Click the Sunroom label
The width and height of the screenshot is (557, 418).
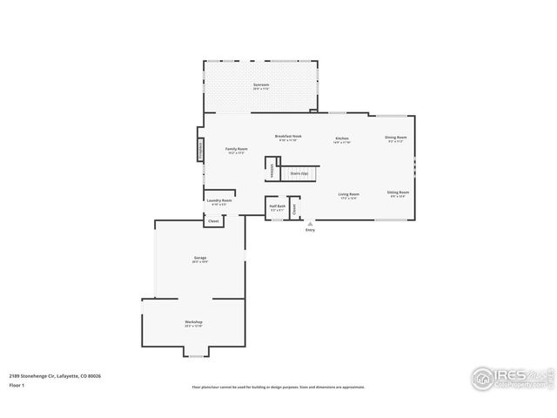click(x=261, y=86)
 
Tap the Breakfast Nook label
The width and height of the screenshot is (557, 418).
click(x=288, y=137)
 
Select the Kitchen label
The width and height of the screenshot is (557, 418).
click(x=343, y=139)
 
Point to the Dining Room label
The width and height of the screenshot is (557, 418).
click(x=396, y=138)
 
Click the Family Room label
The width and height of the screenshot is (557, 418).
click(x=237, y=150)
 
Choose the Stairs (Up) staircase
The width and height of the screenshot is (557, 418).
click(x=299, y=172)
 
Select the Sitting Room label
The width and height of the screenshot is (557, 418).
click(x=399, y=192)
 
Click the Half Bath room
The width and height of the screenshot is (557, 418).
click(x=278, y=208)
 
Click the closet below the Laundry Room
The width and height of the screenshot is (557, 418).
click(x=213, y=221)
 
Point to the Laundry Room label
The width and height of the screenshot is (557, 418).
click(x=219, y=201)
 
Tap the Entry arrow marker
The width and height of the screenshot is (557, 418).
click(x=310, y=224)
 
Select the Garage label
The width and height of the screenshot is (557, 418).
click(x=200, y=259)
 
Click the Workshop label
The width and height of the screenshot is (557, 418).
click(x=193, y=323)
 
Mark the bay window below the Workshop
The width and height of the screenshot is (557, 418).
click(x=196, y=354)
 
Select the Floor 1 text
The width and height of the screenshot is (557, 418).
click(x=16, y=385)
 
